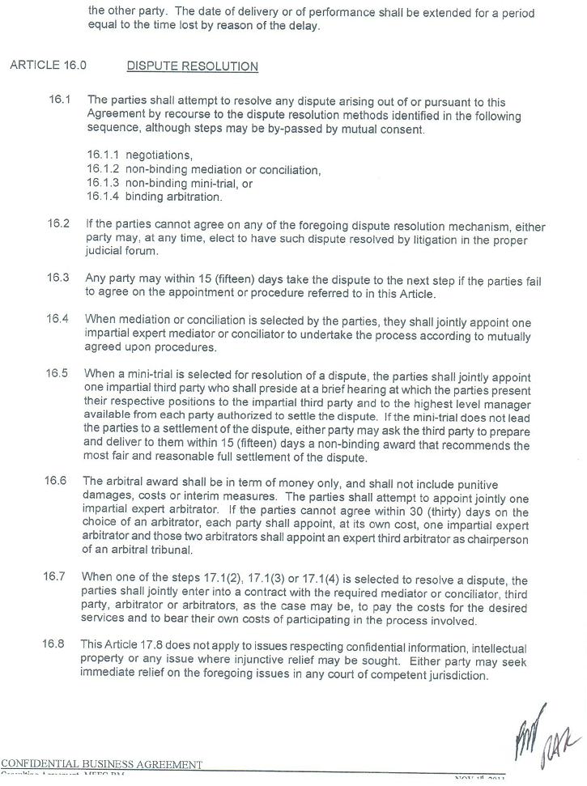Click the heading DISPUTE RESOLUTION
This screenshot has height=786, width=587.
[192, 66]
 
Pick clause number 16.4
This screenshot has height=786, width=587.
[57, 319]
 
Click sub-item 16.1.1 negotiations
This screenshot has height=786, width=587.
[139, 155]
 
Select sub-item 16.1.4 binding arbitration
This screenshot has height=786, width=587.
[154, 197]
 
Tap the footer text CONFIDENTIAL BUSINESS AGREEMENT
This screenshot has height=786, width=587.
[101, 764]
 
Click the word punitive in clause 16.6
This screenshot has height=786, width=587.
[476, 485]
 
